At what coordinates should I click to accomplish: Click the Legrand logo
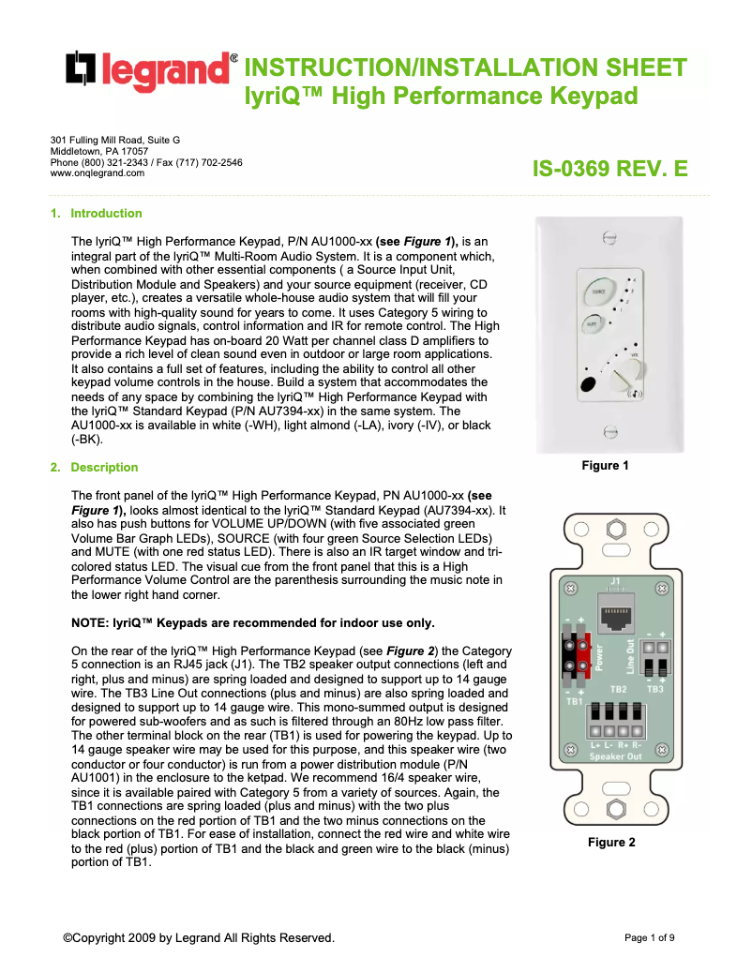[150, 72]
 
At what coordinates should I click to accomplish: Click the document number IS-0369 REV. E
[609, 170]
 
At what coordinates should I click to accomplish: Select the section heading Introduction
[106, 214]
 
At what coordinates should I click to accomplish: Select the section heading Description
[104, 468]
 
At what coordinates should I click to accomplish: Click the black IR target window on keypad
[587, 385]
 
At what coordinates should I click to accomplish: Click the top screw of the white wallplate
[609, 238]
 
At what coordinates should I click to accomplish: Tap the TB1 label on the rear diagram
[575, 700]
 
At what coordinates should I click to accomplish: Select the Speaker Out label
[616, 755]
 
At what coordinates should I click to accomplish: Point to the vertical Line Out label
[630, 656]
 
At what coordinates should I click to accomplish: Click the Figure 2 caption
[611, 843]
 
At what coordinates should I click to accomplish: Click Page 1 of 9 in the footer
[649, 937]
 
